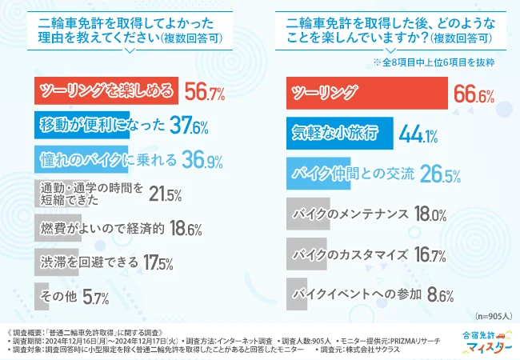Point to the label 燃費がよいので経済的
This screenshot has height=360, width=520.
click(x=102, y=228)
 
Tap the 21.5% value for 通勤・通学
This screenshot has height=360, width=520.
click(x=166, y=194)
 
